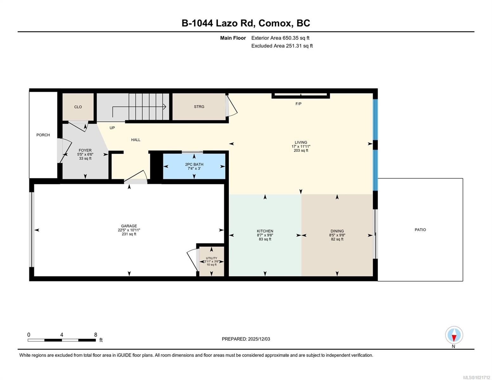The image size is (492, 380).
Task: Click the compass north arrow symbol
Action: tap(454, 335)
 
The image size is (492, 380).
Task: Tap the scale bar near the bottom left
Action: tap(61, 340)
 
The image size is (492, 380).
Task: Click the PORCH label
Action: tap(43, 135)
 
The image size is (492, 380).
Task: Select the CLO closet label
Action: tap(78, 107)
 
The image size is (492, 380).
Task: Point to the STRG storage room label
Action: tap(199, 107)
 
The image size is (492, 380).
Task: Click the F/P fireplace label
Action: tap(298, 104)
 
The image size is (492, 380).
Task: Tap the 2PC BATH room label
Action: tap(194, 164)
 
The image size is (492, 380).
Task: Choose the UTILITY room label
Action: tap(211, 258)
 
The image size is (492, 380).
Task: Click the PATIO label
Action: tap(420, 230)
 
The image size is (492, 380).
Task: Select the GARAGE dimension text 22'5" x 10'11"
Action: tap(129, 230)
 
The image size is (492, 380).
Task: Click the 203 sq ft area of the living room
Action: tap(301, 151)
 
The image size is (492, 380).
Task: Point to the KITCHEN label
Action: tap(265, 231)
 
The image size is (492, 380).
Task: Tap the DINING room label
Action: tap(337, 231)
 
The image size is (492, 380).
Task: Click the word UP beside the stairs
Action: tap(112, 128)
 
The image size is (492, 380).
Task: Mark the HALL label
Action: tap(136, 140)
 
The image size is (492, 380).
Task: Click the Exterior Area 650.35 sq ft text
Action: tap(280, 38)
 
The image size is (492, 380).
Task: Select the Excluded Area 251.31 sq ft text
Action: tap(282, 46)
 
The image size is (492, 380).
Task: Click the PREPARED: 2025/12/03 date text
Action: tap(246, 339)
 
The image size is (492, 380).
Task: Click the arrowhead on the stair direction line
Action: tap(165, 107)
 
